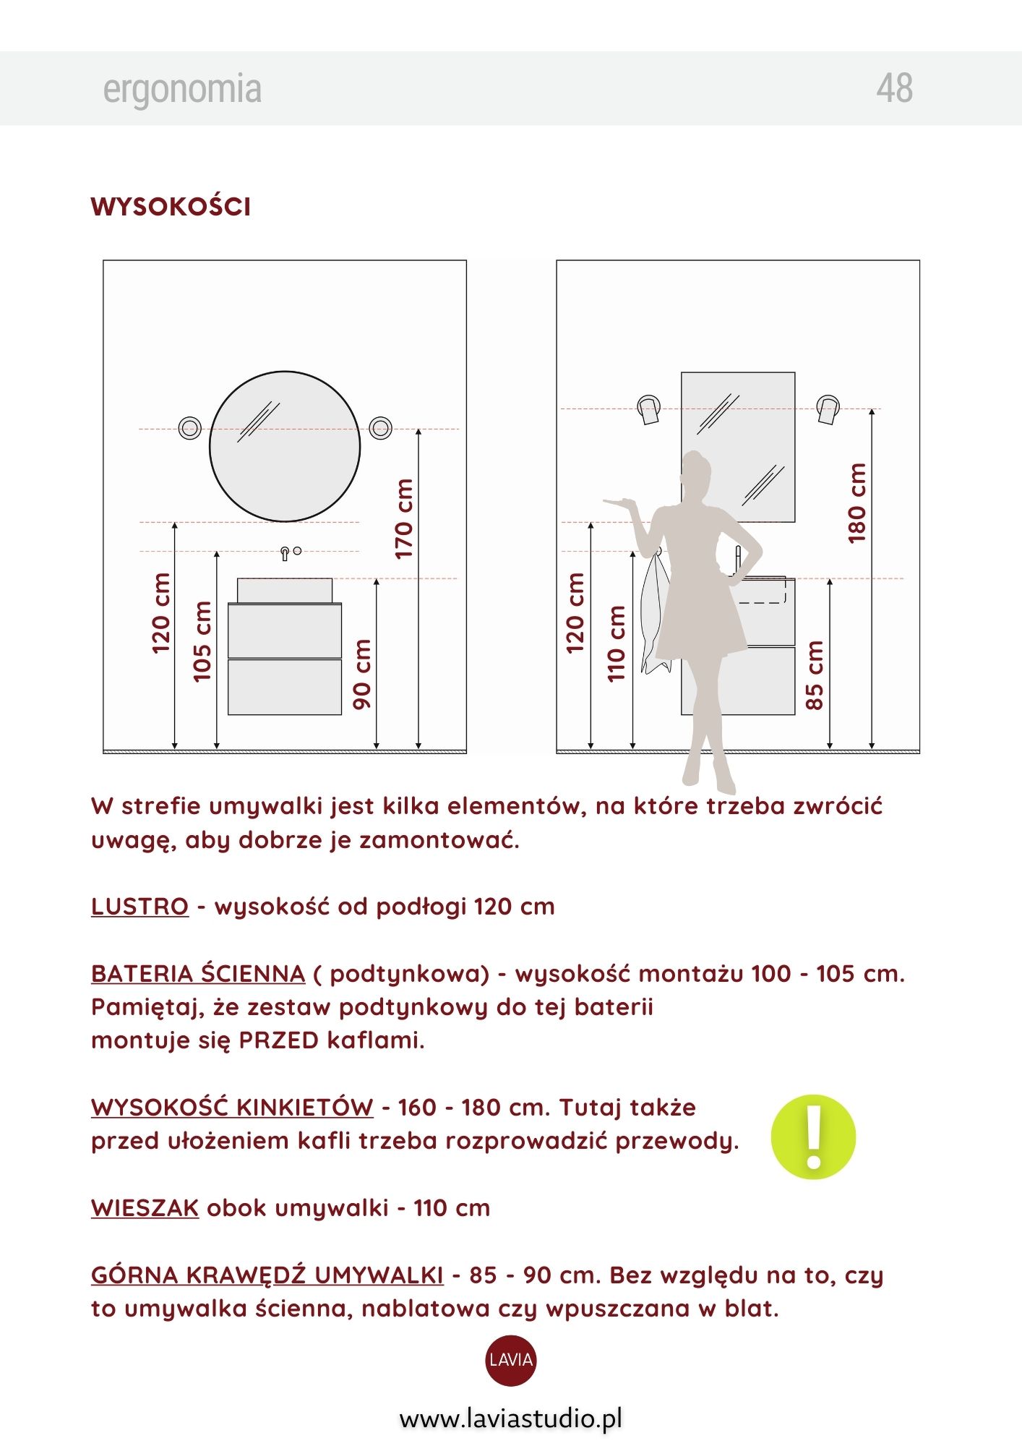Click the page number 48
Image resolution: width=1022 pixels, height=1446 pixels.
[x=894, y=88]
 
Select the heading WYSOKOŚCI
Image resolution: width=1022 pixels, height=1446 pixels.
[x=171, y=206]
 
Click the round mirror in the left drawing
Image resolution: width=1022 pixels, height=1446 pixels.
[x=285, y=446]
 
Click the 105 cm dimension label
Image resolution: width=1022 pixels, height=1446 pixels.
[x=202, y=641]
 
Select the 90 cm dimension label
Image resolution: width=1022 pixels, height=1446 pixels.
[x=361, y=674]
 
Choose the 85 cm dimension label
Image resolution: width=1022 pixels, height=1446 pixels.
[x=814, y=675]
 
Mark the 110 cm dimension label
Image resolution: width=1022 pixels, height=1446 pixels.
[x=616, y=643]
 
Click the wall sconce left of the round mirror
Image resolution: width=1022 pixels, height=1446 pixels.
[x=190, y=428]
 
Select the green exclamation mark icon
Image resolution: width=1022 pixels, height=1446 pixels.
[x=813, y=1137]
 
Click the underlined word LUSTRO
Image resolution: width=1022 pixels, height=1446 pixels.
[x=139, y=906]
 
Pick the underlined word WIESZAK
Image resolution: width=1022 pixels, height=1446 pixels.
[x=145, y=1207]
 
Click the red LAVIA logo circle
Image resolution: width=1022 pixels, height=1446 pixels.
[x=511, y=1360]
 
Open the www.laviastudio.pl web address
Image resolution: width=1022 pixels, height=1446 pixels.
[x=511, y=1419]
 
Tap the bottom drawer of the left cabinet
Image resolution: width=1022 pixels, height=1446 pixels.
[x=285, y=687]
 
